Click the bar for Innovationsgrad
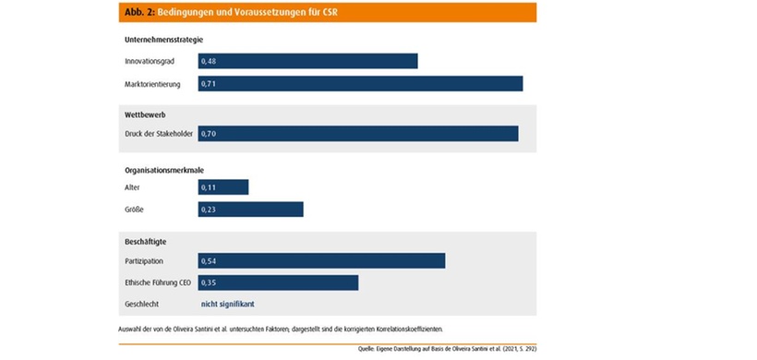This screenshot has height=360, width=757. [x=307, y=61]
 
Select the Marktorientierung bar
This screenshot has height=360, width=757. [x=360, y=84]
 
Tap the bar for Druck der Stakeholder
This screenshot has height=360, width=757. [x=358, y=134]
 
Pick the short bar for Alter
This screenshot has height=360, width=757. [x=223, y=186]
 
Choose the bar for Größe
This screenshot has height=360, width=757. [x=250, y=210]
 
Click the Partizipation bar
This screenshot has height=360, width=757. [x=321, y=260]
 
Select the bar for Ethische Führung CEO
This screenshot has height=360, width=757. [x=278, y=282]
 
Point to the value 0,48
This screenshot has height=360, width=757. [x=209, y=61]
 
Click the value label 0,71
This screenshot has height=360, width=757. [x=209, y=84]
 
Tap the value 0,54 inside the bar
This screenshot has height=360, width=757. [x=209, y=260]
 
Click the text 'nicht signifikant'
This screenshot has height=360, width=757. [x=228, y=304]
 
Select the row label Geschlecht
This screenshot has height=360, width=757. [x=141, y=304]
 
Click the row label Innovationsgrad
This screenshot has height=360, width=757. [x=150, y=61]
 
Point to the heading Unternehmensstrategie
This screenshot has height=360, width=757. [x=163, y=39]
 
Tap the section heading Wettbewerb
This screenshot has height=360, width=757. [x=145, y=114]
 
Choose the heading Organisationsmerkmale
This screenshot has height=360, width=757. [x=164, y=169]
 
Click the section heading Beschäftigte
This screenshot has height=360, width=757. [x=146, y=241]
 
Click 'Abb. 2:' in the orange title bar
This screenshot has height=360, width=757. [x=136, y=12]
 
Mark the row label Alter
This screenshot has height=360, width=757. [x=132, y=186]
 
